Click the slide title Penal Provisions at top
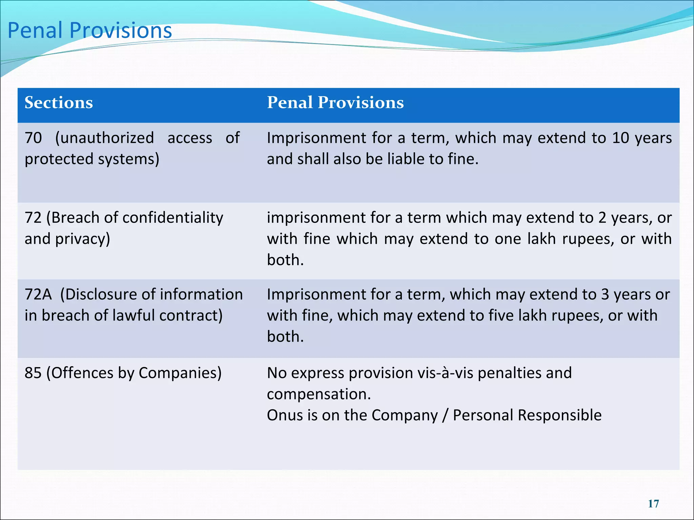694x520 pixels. (x=90, y=30)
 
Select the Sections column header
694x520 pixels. (x=59, y=103)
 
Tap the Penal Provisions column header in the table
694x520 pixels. (x=335, y=103)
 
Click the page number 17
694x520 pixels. (x=653, y=504)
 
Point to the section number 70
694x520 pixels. (x=33, y=138)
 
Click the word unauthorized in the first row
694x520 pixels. (x=104, y=138)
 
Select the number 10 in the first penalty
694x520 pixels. (x=620, y=138)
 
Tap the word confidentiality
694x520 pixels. (x=173, y=218)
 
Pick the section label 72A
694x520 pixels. (x=38, y=295)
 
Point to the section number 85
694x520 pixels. (x=33, y=373)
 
